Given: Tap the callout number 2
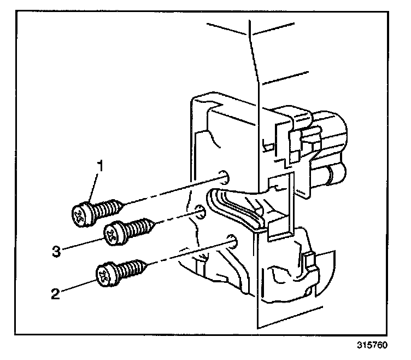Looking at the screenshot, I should (55, 294).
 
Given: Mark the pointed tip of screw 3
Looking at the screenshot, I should (156, 223).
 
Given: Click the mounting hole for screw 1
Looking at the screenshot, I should (223, 176).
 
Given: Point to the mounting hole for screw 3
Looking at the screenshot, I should (200, 212).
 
